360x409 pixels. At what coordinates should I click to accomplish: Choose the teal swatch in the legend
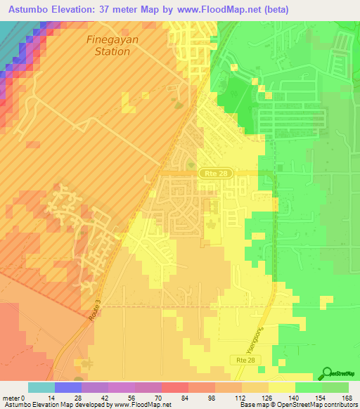click(x=41, y=387)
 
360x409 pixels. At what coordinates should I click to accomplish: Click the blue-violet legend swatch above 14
click(x=67, y=387)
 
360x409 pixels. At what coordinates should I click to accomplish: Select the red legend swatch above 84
click(x=174, y=387)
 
